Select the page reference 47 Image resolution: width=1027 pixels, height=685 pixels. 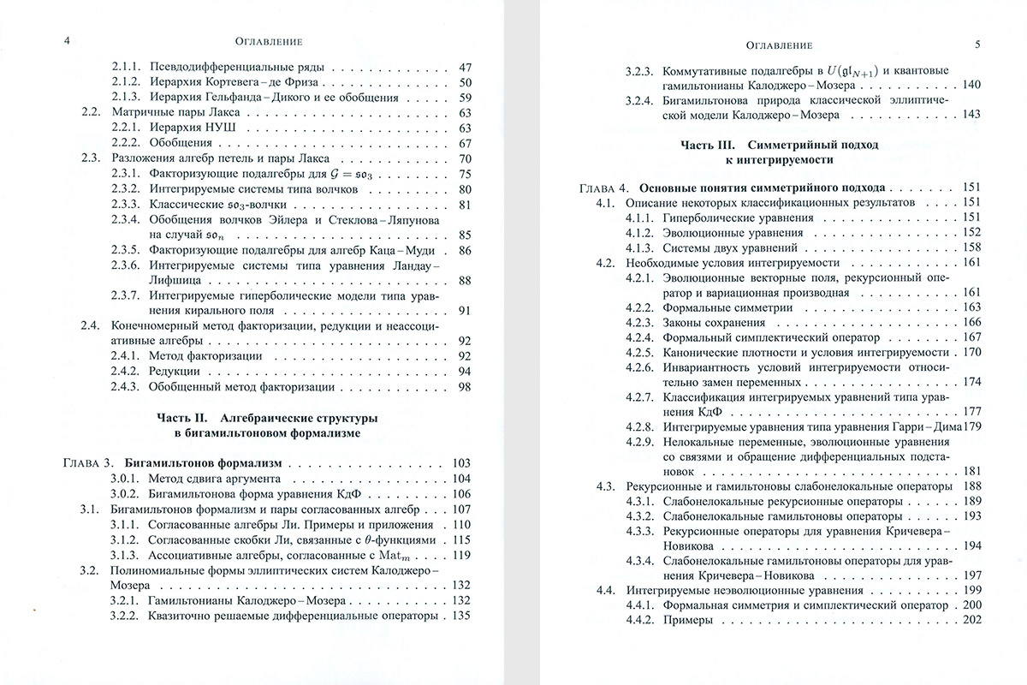tap(466, 67)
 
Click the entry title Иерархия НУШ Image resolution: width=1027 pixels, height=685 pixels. tap(185, 128)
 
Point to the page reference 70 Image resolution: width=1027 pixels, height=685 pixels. tap(466, 158)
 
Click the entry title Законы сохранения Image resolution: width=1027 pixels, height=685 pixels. tap(709, 322)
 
